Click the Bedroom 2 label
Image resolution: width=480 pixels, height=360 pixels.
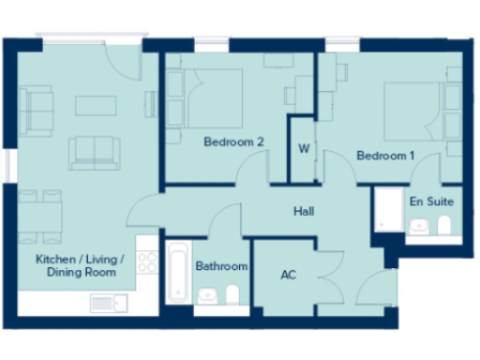234,142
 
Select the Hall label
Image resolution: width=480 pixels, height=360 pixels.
303,213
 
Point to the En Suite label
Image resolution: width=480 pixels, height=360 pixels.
430,201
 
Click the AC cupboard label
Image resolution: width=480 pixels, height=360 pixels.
290,276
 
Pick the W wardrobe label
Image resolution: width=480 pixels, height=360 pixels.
304,149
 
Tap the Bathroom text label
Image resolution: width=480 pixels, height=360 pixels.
221,266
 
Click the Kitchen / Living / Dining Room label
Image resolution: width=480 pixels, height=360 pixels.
76,265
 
